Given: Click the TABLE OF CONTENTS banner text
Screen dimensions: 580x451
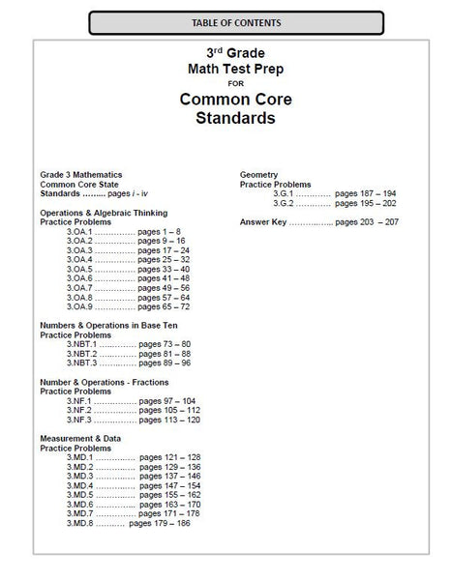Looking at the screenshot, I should coord(225,20).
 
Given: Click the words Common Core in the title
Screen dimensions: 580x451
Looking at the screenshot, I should coord(225,100).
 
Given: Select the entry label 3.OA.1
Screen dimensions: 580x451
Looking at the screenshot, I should coord(79,232).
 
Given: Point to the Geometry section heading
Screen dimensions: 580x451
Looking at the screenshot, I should coord(260,175).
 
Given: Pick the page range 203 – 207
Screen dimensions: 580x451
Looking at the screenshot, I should coord(377,222).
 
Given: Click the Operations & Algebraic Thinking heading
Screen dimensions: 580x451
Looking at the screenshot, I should coord(103,213).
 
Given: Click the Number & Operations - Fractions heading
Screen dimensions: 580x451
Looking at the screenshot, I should coord(105,382).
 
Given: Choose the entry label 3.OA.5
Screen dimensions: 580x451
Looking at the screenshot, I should coord(79,269).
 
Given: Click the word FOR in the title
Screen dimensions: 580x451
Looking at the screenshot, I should coord(225,83).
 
